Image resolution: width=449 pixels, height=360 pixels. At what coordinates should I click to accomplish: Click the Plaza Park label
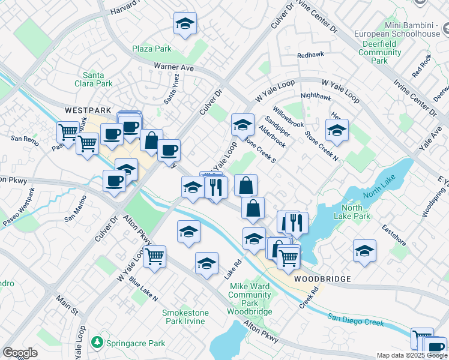152,49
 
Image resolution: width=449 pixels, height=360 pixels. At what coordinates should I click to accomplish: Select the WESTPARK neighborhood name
88,110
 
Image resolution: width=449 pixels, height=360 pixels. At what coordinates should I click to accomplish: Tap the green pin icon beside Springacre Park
96,342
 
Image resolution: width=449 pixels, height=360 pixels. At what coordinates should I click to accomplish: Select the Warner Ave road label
173,67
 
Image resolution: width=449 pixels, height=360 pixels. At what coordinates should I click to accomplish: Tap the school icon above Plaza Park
185,25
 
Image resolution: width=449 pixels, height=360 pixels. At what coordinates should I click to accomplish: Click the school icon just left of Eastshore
364,251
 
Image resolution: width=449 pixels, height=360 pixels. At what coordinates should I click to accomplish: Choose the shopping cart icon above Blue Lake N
155,257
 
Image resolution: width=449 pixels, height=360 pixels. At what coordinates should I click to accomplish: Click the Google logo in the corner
20,353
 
